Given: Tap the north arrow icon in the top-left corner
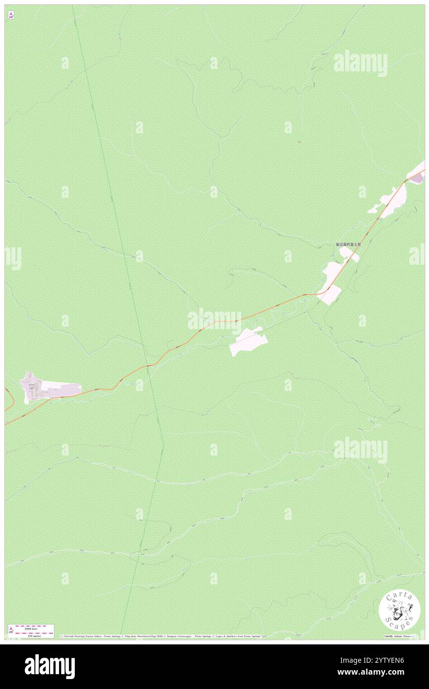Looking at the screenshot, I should coord(11,16).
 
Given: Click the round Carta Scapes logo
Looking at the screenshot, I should coord(399,610).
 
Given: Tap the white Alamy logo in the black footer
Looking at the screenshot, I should coord(50,667).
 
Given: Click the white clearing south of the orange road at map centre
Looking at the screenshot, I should coord(248,342).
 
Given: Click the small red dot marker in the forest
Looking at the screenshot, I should coord(299,142).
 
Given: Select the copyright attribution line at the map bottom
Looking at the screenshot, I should coord(161,636).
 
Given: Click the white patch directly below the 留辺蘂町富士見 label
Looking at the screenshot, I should coord(350,254).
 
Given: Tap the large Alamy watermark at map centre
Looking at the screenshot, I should coord(214,320).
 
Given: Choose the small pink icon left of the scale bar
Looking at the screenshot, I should coord(11,630).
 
